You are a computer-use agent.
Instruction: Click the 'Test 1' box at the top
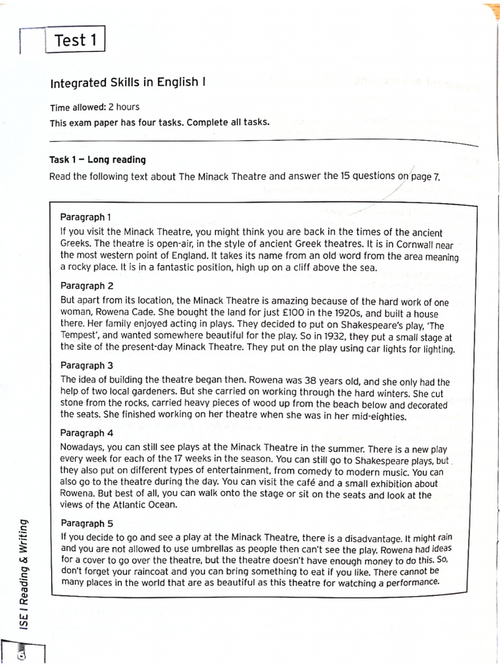pos(75,40)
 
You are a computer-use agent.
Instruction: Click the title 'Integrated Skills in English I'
pos(128,83)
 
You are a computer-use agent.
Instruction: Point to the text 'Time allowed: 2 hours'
pos(94,107)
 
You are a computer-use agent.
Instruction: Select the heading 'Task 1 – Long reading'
pos(98,160)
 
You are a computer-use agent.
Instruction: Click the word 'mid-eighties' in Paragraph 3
pos(378,417)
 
